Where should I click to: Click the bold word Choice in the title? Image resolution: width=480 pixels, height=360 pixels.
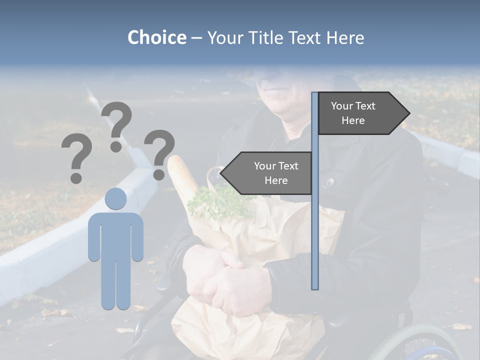[156, 37]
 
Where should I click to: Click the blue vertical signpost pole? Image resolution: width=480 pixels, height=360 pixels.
[314, 225]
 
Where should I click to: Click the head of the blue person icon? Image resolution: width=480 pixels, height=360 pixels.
[115, 198]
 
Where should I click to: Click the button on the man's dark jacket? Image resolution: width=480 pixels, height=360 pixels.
[328, 183]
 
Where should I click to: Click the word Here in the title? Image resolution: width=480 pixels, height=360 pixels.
[345, 37]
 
